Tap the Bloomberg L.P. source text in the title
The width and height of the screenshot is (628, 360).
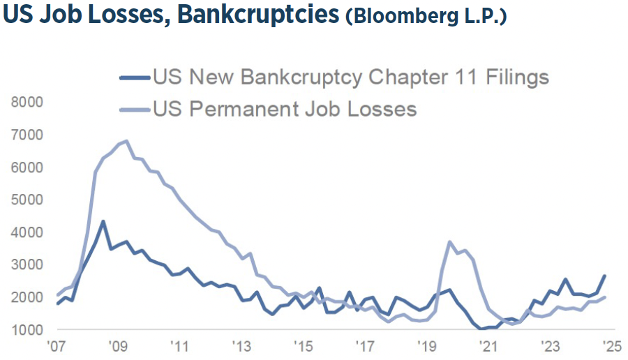(x=426, y=17)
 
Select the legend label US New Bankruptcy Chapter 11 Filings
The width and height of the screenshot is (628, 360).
(x=351, y=77)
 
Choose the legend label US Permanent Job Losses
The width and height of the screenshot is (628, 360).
(x=285, y=110)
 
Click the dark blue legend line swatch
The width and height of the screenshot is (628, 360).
(x=135, y=77)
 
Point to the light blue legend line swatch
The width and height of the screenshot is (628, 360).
(x=135, y=110)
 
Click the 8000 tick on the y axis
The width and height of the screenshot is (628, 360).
(x=27, y=102)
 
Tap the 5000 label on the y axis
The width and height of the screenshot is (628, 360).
(x=27, y=200)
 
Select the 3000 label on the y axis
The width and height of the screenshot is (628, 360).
(x=27, y=264)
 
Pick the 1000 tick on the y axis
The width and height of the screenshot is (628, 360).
(x=27, y=330)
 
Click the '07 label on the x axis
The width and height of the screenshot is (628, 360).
(x=57, y=347)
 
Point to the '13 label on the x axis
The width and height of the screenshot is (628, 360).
(x=241, y=347)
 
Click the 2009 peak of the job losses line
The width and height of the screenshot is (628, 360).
(x=126, y=141)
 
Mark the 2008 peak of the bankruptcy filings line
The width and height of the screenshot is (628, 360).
(x=103, y=222)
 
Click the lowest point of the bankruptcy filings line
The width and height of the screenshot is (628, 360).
(x=482, y=329)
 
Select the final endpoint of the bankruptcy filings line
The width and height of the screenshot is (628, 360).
(x=604, y=276)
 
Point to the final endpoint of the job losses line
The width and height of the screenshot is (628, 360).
(x=604, y=297)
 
